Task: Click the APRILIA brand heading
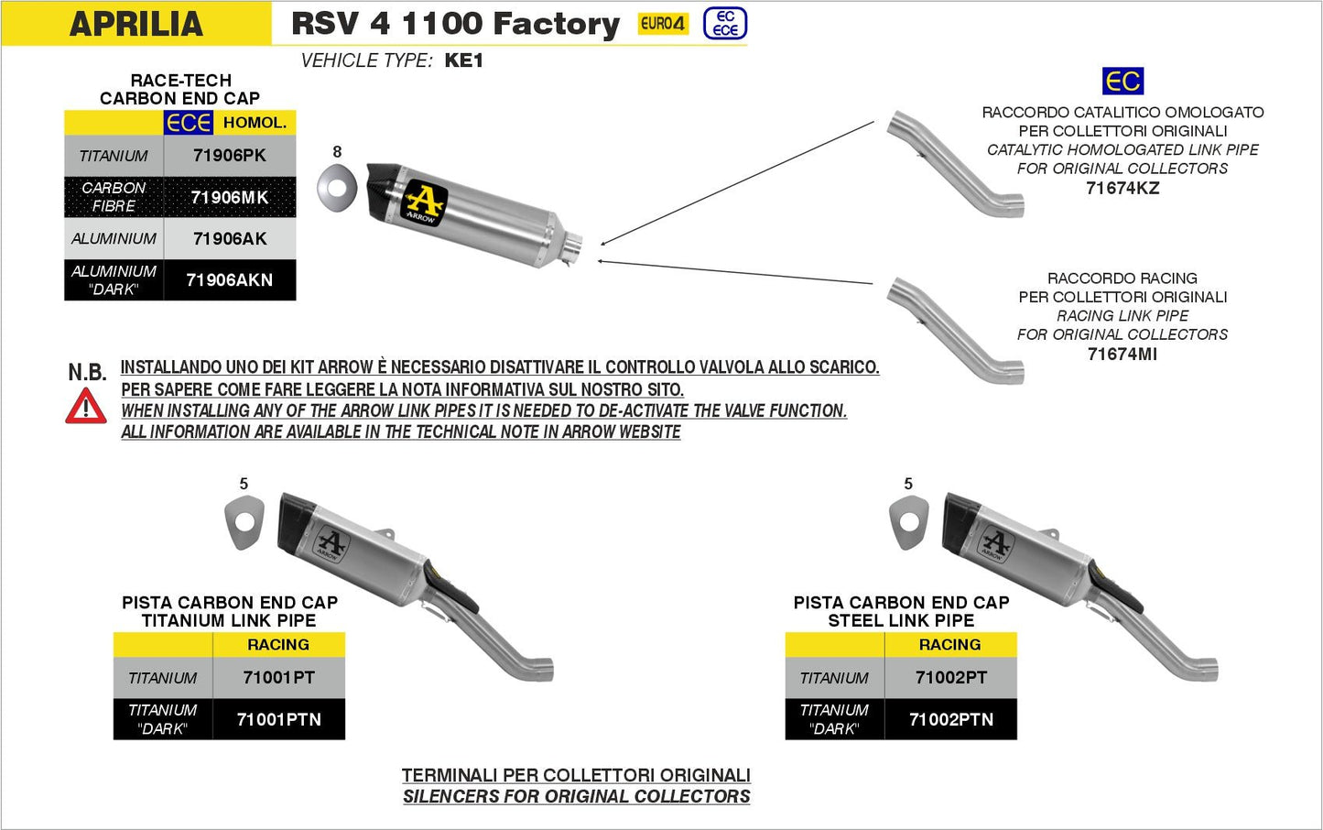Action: pos(136,24)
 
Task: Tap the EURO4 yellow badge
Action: pos(663,24)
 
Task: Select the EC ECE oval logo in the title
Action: pos(725,24)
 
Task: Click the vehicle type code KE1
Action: pos(463,60)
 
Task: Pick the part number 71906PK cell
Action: pos(229,156)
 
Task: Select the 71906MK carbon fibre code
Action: pos(229,197)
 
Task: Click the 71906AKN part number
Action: pos(229,280)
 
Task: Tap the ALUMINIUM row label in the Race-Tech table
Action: pos(114,239)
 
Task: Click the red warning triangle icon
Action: pos(86,407)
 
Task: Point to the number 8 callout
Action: pos(337,152)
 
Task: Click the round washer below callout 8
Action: pos(337,189)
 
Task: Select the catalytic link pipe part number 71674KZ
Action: pos(1122,189)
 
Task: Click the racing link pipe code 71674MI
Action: pos(1122,355)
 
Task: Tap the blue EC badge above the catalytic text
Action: pos(1122,82)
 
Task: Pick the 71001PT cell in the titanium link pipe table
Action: pos(278,678)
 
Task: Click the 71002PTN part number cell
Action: pos(950,720)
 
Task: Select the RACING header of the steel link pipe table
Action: pos(949,645)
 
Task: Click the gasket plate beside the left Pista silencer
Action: pos(244,522)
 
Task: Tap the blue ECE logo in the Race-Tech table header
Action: pos(189,123)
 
